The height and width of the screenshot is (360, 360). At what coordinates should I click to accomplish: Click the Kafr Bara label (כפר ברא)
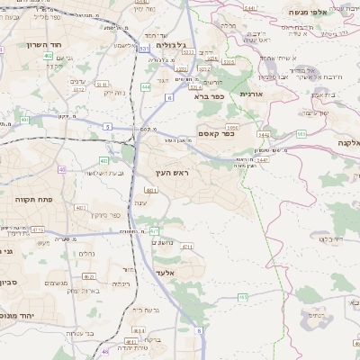click(x=208, y=96)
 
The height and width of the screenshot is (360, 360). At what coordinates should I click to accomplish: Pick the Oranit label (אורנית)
click(x=250, y=93)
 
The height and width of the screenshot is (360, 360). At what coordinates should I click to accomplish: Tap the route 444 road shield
click(x=146, y=87)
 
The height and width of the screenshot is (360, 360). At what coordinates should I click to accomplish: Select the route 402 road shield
click(x=48, y=56)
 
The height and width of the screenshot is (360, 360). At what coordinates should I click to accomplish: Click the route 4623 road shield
click(x=88, y=277)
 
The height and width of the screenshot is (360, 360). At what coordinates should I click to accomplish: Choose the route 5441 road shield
click(x=250, y=8)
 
